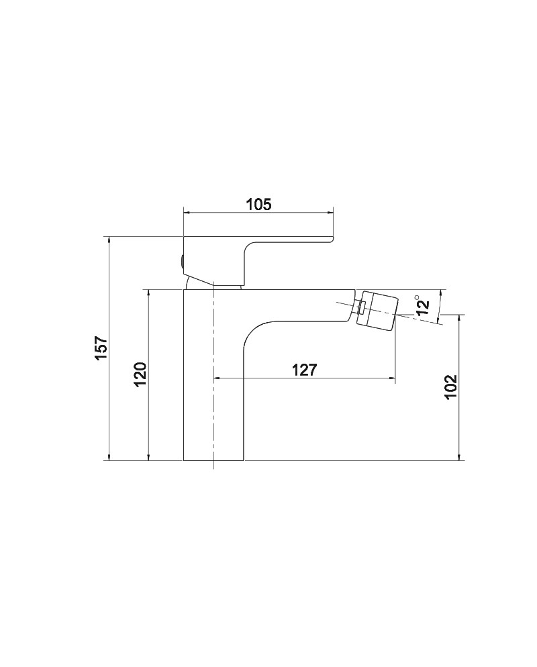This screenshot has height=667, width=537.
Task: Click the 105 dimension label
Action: point(258,204)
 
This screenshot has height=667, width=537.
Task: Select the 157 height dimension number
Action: point(102,348)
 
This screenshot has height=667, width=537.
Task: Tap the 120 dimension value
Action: point(140,374)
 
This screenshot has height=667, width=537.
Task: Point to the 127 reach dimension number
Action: point(305,370)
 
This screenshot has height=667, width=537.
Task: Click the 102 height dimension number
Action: point(450,387)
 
